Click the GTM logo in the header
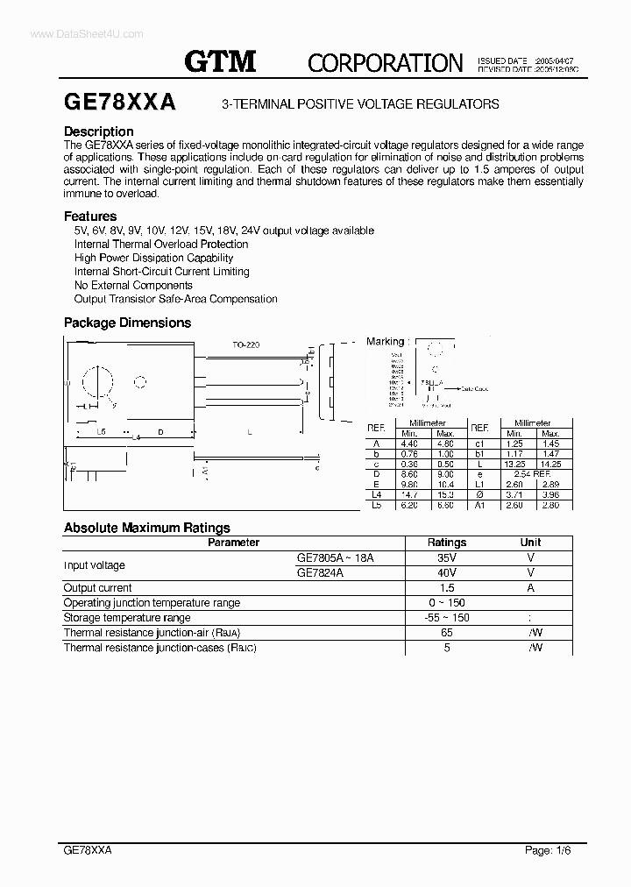click(x=219, y=60)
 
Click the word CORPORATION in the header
click(x=385, y=62)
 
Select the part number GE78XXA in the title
click(x=120, y=103)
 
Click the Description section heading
click(x=99, y=131)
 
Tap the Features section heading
click(x=90, y=216)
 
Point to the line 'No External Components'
click(x=133, y=285)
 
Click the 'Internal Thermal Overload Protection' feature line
click(x=161, y=244)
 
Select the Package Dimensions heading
click(x=127, y=323)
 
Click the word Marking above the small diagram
click(x=386, y=341)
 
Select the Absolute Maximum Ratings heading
click(x=147, y=528)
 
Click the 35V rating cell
click(x=447, y=557)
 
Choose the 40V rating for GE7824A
click(x=447, y=572)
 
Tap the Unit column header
click(x=530, y=543)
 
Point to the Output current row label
click(x=98, y=588)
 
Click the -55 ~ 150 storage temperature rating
click(x=447, y=618)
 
